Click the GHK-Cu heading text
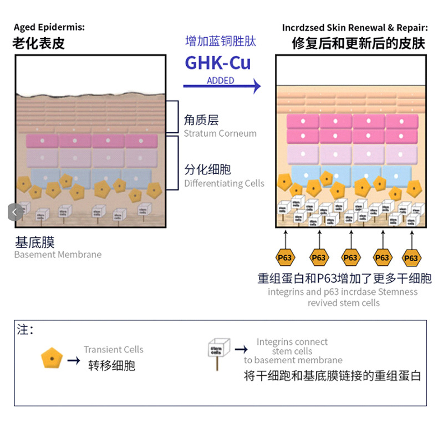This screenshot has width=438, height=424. [x=217, y=63]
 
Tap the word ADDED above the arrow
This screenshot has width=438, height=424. [x=220, y=80]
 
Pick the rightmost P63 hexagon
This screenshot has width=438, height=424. [x=411, y=257]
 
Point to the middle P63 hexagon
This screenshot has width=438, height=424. [x=350, y=257]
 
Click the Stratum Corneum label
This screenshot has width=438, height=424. [x=220, y=133]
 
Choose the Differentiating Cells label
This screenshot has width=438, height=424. [x=224, y=183]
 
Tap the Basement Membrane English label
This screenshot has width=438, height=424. [x=58, y=255]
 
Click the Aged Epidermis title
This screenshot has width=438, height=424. [x=49, y=27]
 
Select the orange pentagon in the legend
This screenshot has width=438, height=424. [x=52, y=359]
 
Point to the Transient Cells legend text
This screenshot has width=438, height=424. [x=113, y=349]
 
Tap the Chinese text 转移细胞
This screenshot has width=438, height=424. [x=111, y=365]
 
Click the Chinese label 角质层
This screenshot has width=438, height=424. [x=201, y=120]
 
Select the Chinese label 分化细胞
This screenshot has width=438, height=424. [x=207, y=169]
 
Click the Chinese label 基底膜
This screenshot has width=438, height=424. [x=34, y=242]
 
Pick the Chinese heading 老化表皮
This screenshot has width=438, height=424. [x=38, y=43]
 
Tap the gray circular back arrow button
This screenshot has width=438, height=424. [x=14, y=211]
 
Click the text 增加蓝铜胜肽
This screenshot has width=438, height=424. [x=221, y=42]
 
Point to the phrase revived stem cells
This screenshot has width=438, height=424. [x=344, y=303]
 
